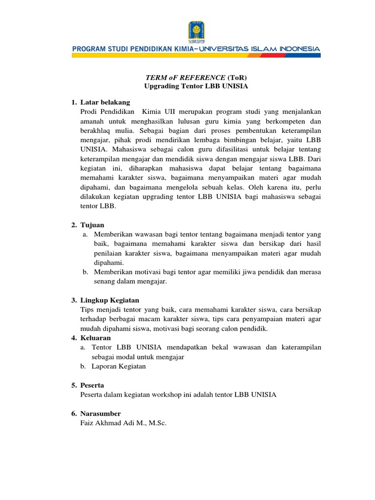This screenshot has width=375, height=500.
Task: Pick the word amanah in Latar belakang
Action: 92,122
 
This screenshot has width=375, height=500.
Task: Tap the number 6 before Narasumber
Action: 73,414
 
